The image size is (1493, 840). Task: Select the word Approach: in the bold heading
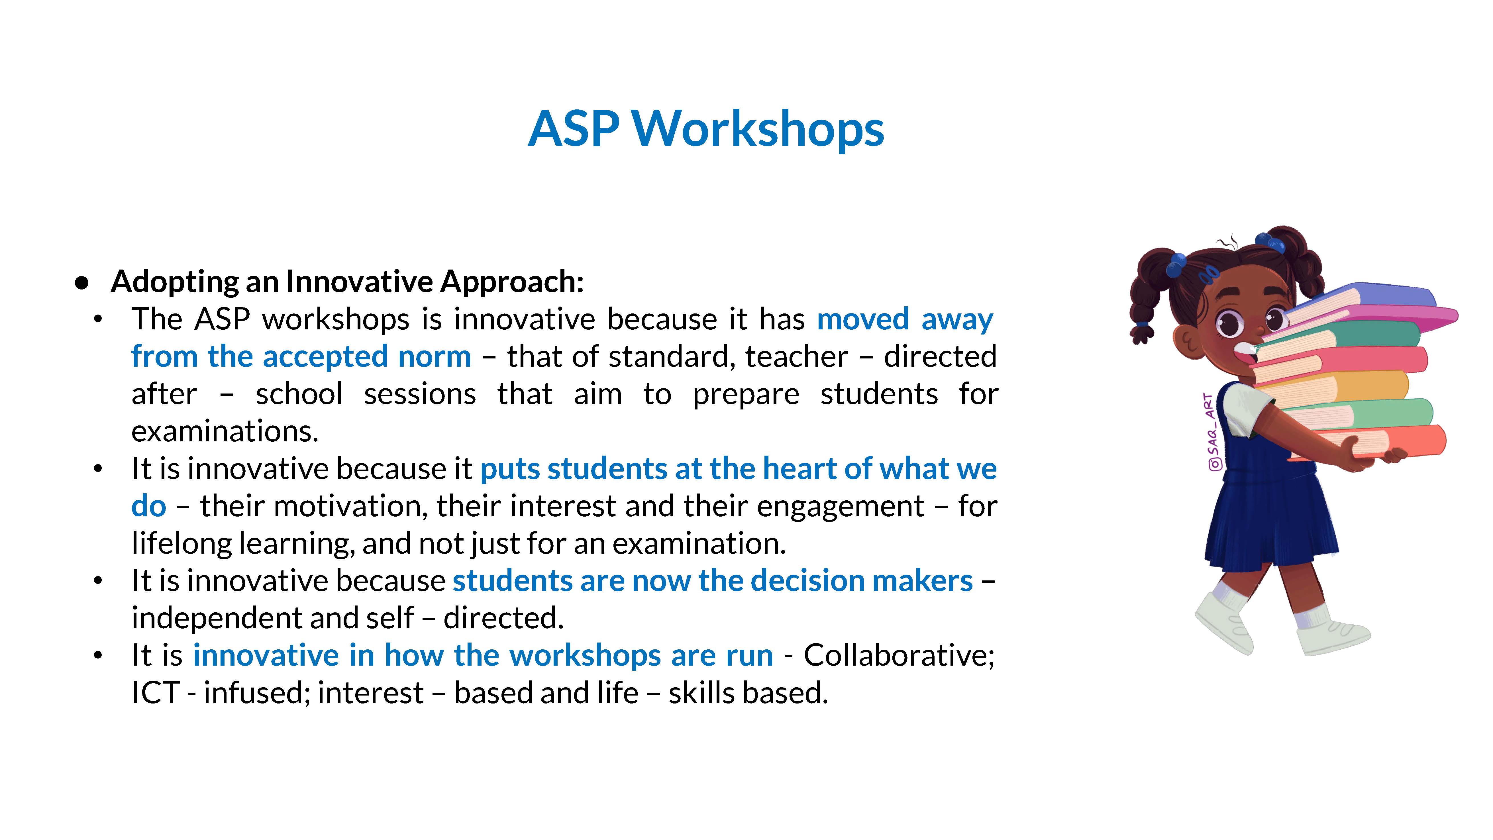click(x=511, y=282)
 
